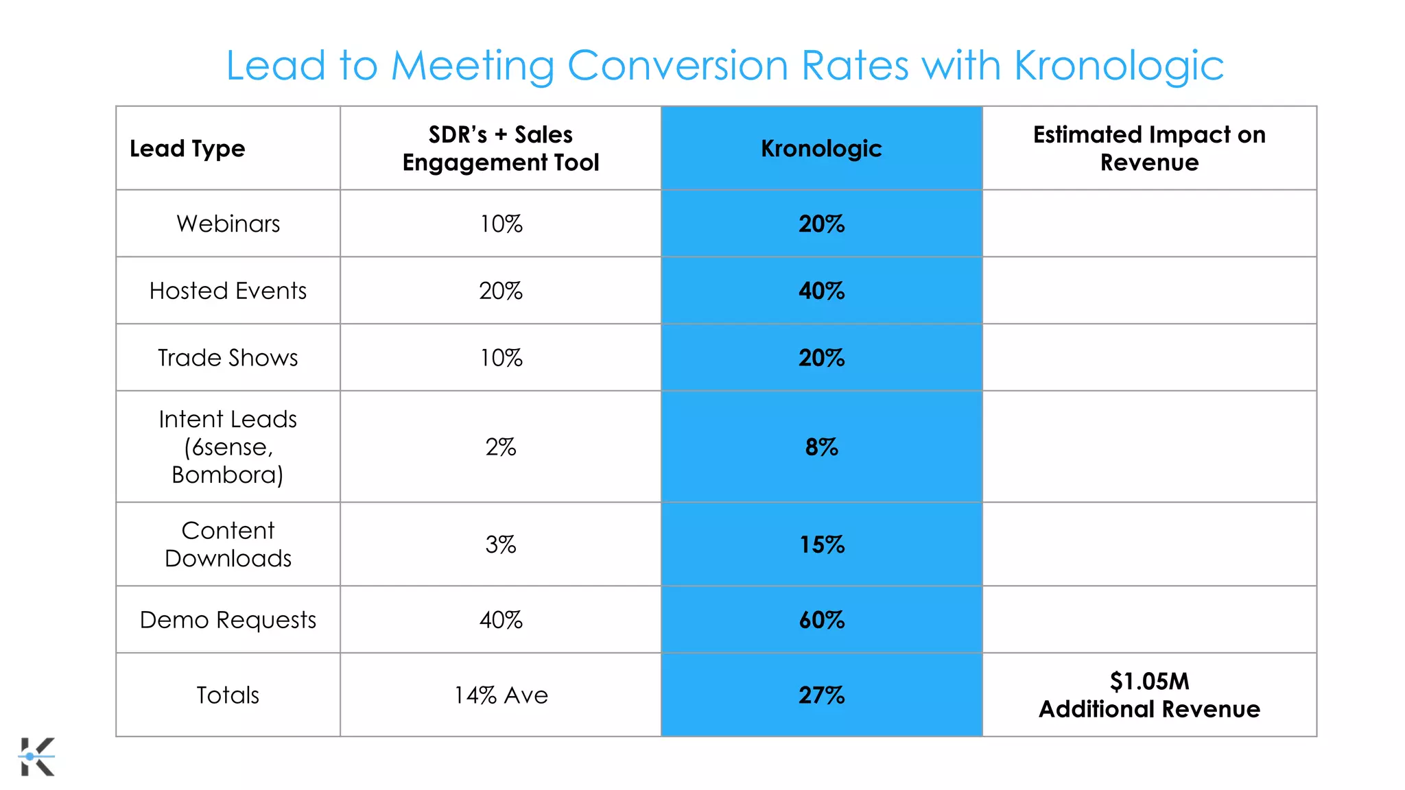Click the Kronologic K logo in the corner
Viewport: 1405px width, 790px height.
[37, 756]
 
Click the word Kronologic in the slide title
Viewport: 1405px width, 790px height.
[1118, 67]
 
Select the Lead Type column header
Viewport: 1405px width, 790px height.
[187, 149]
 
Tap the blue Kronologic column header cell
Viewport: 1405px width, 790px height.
[821, 148]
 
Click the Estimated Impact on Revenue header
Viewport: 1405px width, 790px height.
[1149, 148]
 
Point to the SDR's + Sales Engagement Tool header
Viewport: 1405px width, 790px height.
[501, 148]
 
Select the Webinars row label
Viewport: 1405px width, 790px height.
[228, 224]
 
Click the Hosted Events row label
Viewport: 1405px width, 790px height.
[228, 291]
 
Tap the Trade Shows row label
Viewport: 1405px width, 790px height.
[228, 358]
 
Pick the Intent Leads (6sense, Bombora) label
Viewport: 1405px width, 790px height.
[228, 446]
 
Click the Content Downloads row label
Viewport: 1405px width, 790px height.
[228, 544]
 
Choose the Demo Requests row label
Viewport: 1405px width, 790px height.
[228, 620]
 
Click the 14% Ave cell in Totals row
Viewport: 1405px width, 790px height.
[501, 695]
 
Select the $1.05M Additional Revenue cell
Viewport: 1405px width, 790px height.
[1149, 695]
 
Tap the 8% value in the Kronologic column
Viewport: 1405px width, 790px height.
[821, 447]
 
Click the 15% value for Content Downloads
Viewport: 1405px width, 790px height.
[821, 544]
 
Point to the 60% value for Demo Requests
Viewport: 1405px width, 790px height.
[821, 620]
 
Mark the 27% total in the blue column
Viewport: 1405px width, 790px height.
[821, 695]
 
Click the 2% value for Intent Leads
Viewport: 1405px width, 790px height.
[501, 447]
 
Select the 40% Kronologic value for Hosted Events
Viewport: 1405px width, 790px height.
[821, 291]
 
